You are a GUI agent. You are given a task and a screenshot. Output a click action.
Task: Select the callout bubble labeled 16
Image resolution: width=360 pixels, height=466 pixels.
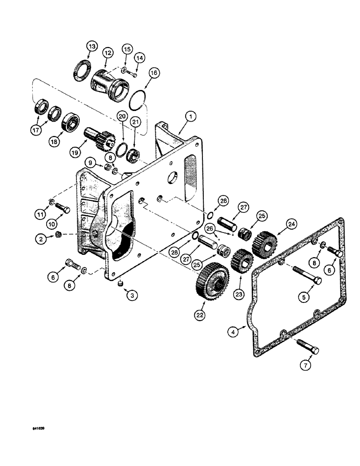click(x=154, y=74)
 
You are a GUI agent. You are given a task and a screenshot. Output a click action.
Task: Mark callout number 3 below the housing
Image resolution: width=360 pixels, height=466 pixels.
click(x=132, y=295)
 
